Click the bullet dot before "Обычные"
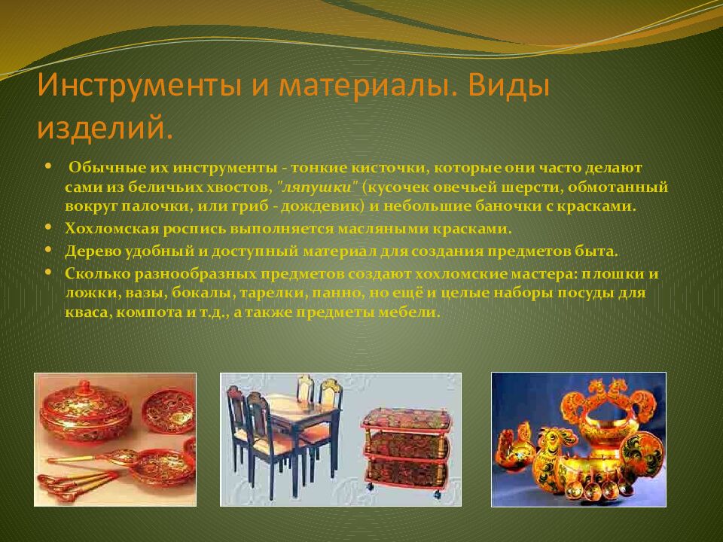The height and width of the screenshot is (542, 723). [x=49, y=166]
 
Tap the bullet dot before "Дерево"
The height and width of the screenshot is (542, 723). [x=49, y=248]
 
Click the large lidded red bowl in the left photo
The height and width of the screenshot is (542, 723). [x=85, y=410]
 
